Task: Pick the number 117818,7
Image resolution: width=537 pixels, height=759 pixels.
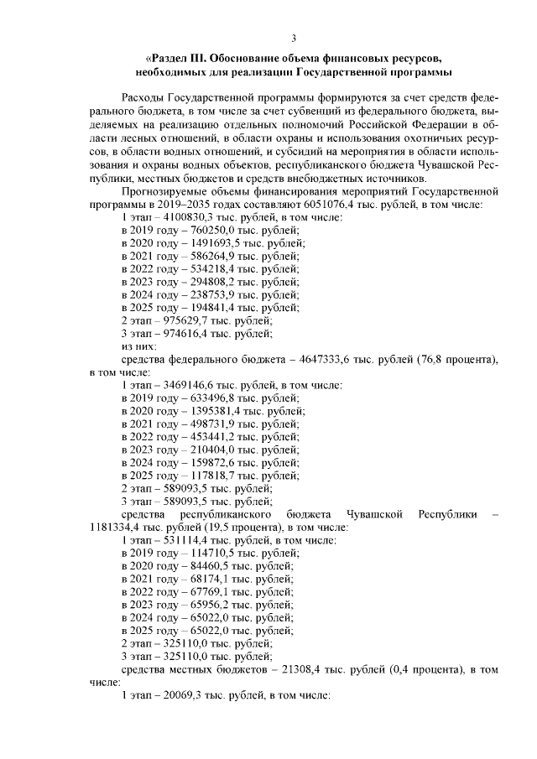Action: click(202, 476)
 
